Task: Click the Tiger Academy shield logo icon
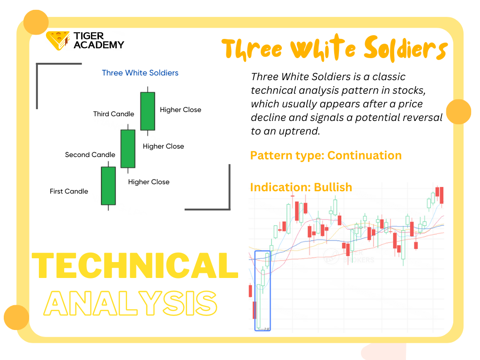click(58, 40)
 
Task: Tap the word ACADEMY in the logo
click(99, 45)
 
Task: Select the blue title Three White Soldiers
click(140, 73)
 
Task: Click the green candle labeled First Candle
click(108, 186)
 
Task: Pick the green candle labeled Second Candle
click(128, 149)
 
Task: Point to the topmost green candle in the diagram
click(148, 111)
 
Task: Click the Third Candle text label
click(113, 114)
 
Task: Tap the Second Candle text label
click(90, 155)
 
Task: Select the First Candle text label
click(69, 191)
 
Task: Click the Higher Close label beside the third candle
click(180, 110)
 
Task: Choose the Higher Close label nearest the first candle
click(149, 182)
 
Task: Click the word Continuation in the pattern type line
click(364, 156)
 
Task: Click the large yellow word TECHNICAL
click(135, 265)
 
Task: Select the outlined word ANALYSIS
click(130, 303)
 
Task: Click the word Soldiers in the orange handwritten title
click(406, 48)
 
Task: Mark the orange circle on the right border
click(458, 112)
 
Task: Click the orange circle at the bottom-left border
click(16, 317)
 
